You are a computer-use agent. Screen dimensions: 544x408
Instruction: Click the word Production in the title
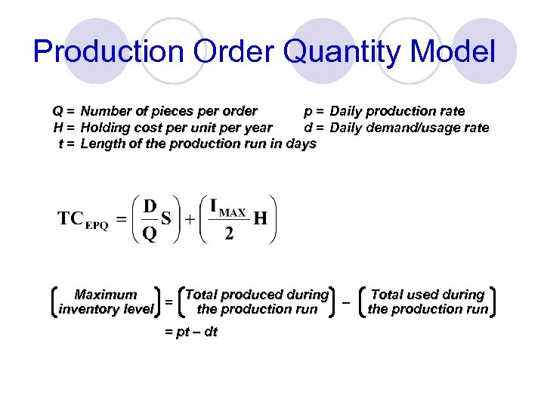pos(109,52)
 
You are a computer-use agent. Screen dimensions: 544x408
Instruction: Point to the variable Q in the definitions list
pos(57,112)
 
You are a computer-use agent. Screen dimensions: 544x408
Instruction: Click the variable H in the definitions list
pos(57,128)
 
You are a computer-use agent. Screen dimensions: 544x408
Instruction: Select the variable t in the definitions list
pos(60,144)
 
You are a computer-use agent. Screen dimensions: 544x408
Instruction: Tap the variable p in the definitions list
pos(308,112)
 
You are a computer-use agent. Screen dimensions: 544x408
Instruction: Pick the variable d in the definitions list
pos(308,128)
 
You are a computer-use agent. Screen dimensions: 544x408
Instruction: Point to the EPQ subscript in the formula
pos(97,224)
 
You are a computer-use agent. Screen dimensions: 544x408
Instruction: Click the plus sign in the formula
pos(190,219)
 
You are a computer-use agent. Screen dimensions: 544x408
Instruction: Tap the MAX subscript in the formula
pos(233,213)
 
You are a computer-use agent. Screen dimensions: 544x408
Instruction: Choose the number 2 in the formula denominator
pos(229,233)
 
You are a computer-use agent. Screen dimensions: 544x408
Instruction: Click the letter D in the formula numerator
pos(150,206)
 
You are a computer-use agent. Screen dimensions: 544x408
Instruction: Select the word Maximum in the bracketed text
pos(106,295)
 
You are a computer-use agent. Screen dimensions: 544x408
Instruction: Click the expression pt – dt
pos(190,332)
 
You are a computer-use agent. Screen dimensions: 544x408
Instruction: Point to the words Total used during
pos(428,295)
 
